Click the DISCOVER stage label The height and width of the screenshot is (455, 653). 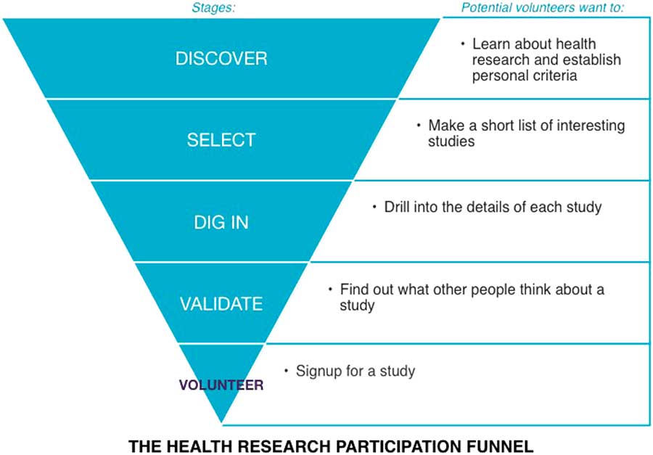click(221, 58)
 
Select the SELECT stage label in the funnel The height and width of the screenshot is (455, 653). click(221, 140)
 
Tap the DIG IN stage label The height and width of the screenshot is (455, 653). click(221, 222)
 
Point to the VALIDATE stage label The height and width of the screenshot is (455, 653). click(221, 303)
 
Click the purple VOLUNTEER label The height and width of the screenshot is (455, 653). click(221, 385)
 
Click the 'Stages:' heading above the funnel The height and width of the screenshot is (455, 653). click(214, 9)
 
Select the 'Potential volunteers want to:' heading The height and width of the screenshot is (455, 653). click(543, 9)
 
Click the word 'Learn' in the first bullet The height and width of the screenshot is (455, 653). click(490, 44)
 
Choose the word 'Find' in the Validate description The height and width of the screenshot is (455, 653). click(354, 290)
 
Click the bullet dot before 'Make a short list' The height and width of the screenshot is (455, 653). click(419, 125)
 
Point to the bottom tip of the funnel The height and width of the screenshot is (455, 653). click(221, 423)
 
